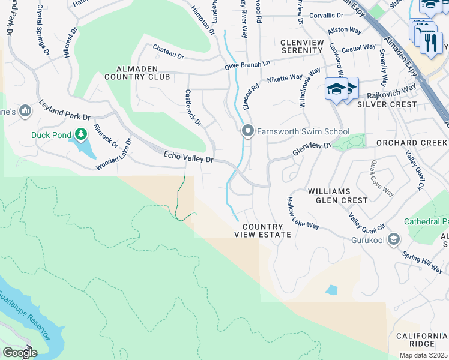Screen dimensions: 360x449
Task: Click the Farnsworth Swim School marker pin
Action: (247, 131)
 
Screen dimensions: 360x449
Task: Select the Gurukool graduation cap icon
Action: (394, 241)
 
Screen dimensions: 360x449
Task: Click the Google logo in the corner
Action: (19, 353)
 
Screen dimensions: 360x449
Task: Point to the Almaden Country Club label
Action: (137, 72)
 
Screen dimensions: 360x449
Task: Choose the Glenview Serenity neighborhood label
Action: (310, 46)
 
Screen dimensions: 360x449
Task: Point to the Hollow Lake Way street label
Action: (303, 213)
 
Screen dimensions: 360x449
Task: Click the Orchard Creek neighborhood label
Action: (411, 143)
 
